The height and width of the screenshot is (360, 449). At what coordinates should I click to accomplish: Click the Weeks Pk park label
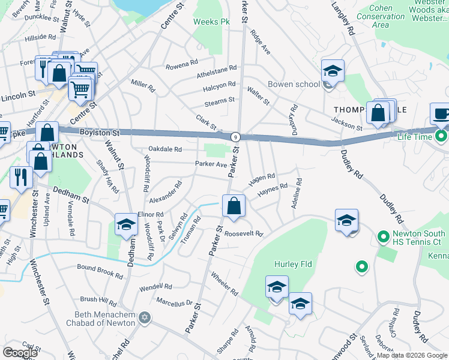pyautogui.click(x=212, y=22)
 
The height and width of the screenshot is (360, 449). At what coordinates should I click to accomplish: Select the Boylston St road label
pyautogui.click(x=100, y=131)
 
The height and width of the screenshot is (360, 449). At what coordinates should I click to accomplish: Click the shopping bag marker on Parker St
pyautogui.click(x=234, y=206)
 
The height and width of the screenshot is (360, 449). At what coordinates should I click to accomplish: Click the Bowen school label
pyautogui.click(x=294, y=84)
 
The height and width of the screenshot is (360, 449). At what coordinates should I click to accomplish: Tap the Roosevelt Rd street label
pyautogui.click(x=243, y=233)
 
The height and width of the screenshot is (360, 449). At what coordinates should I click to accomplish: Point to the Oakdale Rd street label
pyautogui.click(x=165, y=149)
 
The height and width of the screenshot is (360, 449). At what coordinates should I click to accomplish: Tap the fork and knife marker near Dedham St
pyautogui.click(x=22, y=176)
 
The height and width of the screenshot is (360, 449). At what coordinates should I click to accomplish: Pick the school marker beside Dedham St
pyautogui.click(x=126, y=224)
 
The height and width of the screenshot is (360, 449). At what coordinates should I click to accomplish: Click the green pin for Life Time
pyautogui.click(x=441, y=137)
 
